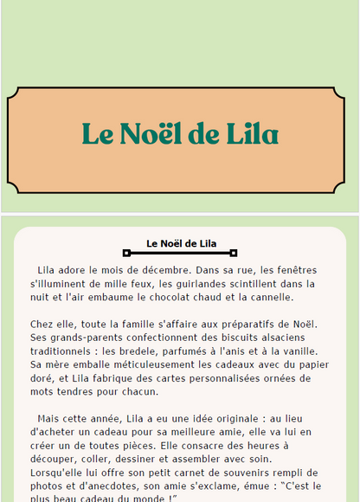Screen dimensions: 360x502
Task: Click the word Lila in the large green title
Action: [x=251, y=134]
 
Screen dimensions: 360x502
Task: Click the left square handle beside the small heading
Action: [x=126, y=253]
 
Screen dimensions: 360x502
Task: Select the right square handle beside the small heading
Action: [x=234, y=253]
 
